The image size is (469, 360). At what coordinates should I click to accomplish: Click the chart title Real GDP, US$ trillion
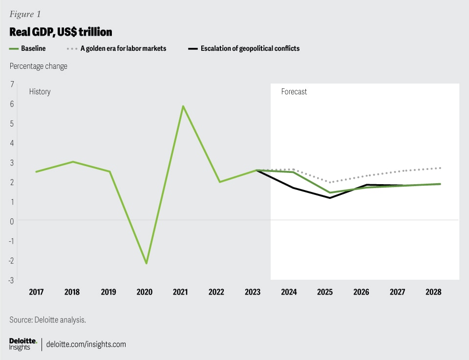click(61, 32)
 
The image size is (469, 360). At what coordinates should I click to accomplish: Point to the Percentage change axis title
click(38, 66)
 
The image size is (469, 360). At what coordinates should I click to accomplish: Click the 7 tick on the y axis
click(12, 85)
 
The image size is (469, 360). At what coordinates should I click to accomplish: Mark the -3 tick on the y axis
click(11, 280)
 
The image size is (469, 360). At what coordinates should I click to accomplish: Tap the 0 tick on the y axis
click(12, 221)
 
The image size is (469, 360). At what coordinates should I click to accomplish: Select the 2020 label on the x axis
click(145, 292)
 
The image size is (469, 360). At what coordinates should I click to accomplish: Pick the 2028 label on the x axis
click(433, 292)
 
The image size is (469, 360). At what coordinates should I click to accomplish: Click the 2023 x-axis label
click(253, 292)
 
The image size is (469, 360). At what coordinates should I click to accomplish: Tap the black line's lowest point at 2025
click(330, 198)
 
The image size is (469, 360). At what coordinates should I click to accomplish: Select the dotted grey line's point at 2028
click(440, 168)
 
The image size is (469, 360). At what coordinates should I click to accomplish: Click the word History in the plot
click(40, 92)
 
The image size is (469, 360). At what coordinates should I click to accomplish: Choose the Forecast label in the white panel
click(294, 92)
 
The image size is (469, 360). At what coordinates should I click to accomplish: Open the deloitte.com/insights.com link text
click(86, 344)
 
